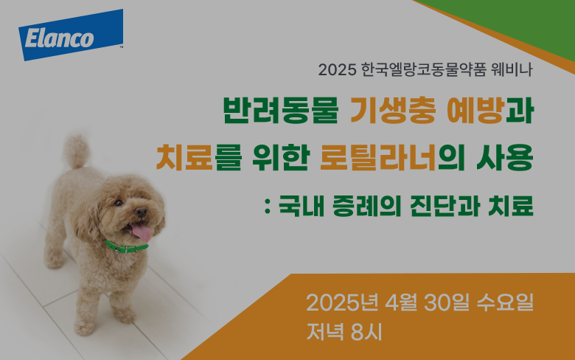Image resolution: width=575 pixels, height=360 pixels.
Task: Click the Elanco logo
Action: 71,35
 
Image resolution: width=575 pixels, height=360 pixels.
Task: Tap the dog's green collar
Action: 127,247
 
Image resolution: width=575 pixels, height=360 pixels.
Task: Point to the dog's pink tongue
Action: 142,232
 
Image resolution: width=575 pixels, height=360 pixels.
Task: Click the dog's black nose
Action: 141,212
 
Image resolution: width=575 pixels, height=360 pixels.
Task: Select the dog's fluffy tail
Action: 77,151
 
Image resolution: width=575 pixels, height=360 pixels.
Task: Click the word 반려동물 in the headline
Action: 281,110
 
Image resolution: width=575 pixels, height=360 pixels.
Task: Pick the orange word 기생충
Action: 393,110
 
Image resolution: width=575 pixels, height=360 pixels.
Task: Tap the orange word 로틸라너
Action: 378,158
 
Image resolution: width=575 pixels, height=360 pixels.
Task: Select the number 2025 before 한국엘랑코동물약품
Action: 338,70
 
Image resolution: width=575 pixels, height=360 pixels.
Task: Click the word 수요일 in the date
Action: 505,302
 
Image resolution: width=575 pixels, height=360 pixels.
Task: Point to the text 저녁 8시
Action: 344,332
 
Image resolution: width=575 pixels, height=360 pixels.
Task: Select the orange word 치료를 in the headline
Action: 199,158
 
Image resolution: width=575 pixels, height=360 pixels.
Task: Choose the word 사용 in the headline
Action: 505,158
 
